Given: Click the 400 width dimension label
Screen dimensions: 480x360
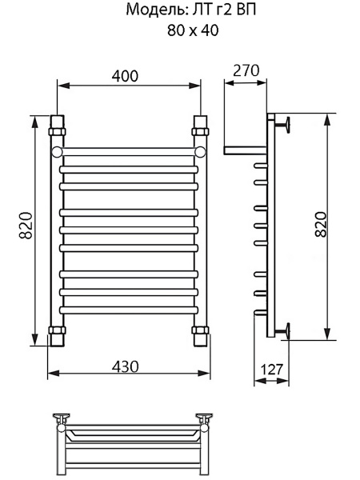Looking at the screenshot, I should pyautogui.click(x=126, y=76).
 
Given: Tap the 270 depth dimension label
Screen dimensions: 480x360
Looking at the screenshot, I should pyautogui.click(x=246, y=70).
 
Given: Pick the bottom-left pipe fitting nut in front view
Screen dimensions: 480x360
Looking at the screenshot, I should pyautogui.click(x=56, y=330).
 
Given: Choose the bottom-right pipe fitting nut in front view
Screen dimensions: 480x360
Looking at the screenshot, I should pyautogui.click(x=201, y=330).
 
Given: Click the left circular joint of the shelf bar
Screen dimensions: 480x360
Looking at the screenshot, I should pyautogui.click(x=57, y=150).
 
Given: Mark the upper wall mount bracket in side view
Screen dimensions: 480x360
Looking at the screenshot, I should pyautogui.click(x=283, y=124).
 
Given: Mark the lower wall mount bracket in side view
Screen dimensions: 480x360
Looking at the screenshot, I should pyautogui.click(x=283, y=330).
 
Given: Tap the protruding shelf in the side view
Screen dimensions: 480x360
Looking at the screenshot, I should pyautogui.click(x=244, y=150).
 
